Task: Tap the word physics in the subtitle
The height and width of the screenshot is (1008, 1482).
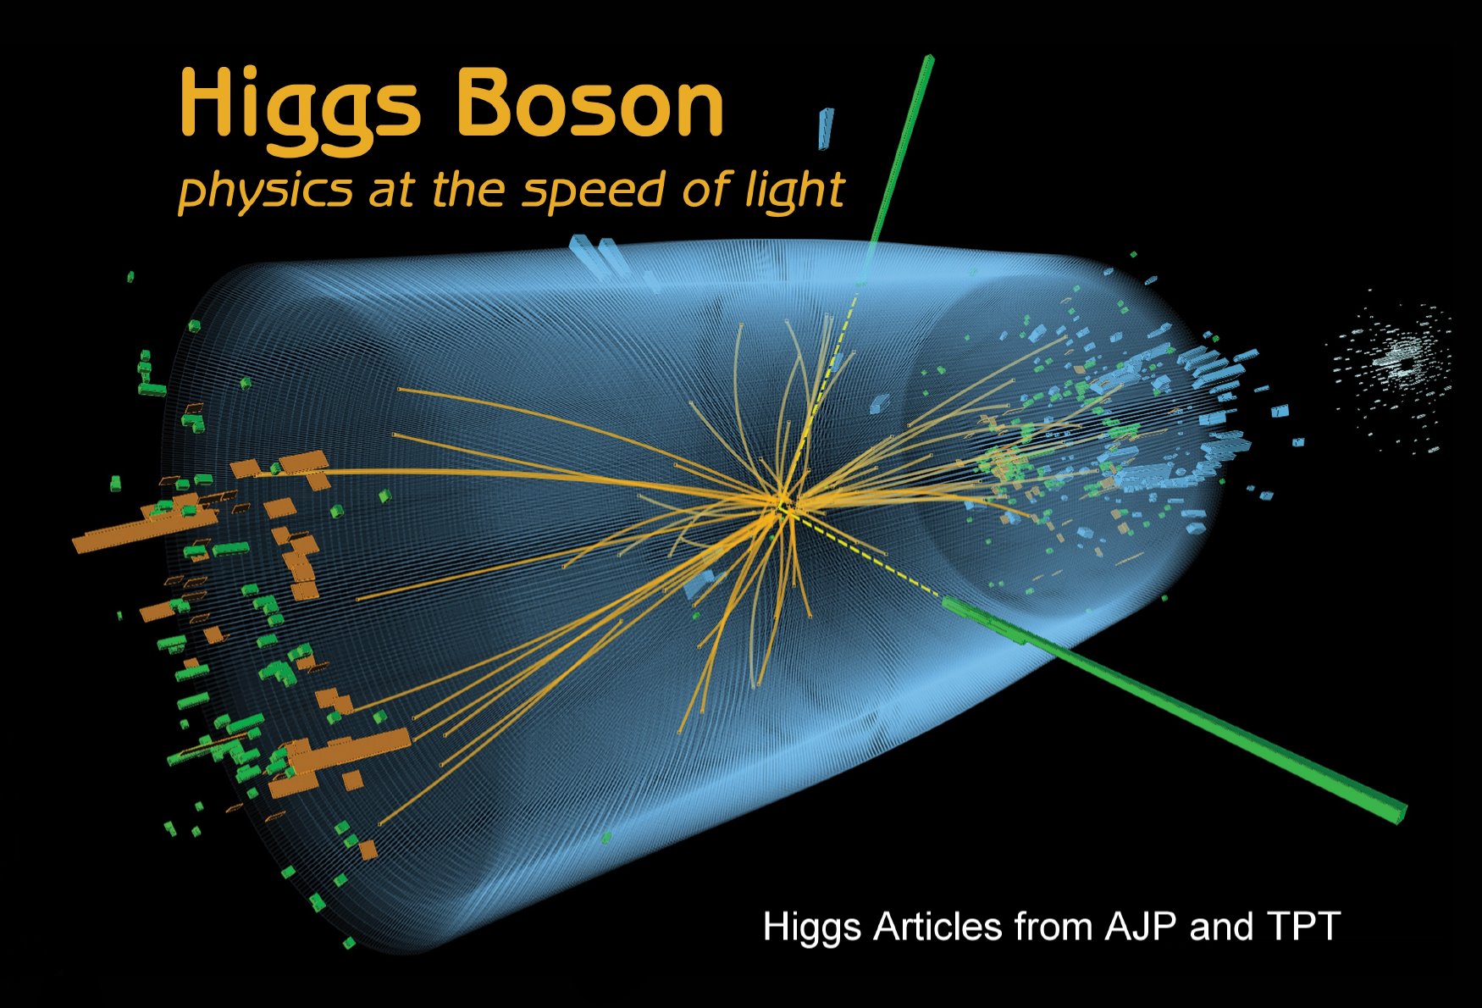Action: pos(265,191)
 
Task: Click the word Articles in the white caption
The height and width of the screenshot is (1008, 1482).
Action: pos(937,926)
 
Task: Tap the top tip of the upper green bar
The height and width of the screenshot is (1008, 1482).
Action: pos(930,58)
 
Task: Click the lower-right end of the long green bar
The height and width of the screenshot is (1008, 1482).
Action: pos(1399,814)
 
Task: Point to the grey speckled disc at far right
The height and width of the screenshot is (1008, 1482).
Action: pos(1393,366)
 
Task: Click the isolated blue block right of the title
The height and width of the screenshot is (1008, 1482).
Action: pos(826,128)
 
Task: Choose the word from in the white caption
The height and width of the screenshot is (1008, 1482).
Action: pos(1053,926)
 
